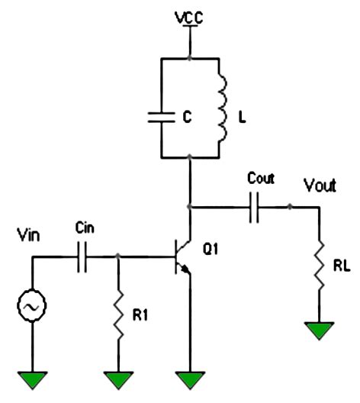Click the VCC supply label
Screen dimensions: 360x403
coord(189,18)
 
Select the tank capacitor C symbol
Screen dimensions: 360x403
coord(162,118)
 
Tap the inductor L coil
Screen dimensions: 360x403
coord(223,108)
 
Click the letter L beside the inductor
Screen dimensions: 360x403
coord(242,118)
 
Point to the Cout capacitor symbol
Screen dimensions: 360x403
coord(254,207)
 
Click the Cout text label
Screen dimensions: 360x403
coord(261,178)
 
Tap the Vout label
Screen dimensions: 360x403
coord(320,185)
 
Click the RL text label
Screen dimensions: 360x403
coord(342,266)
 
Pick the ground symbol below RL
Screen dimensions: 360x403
coord(319,330)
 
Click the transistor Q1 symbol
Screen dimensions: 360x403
coord(183,257)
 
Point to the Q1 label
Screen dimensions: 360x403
coord(211,249)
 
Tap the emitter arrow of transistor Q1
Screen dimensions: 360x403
coord(185,269)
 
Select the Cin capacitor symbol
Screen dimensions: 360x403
coord(82,256)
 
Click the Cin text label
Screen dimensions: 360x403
coord(85,228)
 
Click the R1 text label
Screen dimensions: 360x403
coord(140,315)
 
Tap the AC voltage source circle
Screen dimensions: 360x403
coord(32,305)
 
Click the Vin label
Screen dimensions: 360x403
coord(28,234)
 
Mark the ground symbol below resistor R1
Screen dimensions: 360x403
coord(118,380)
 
